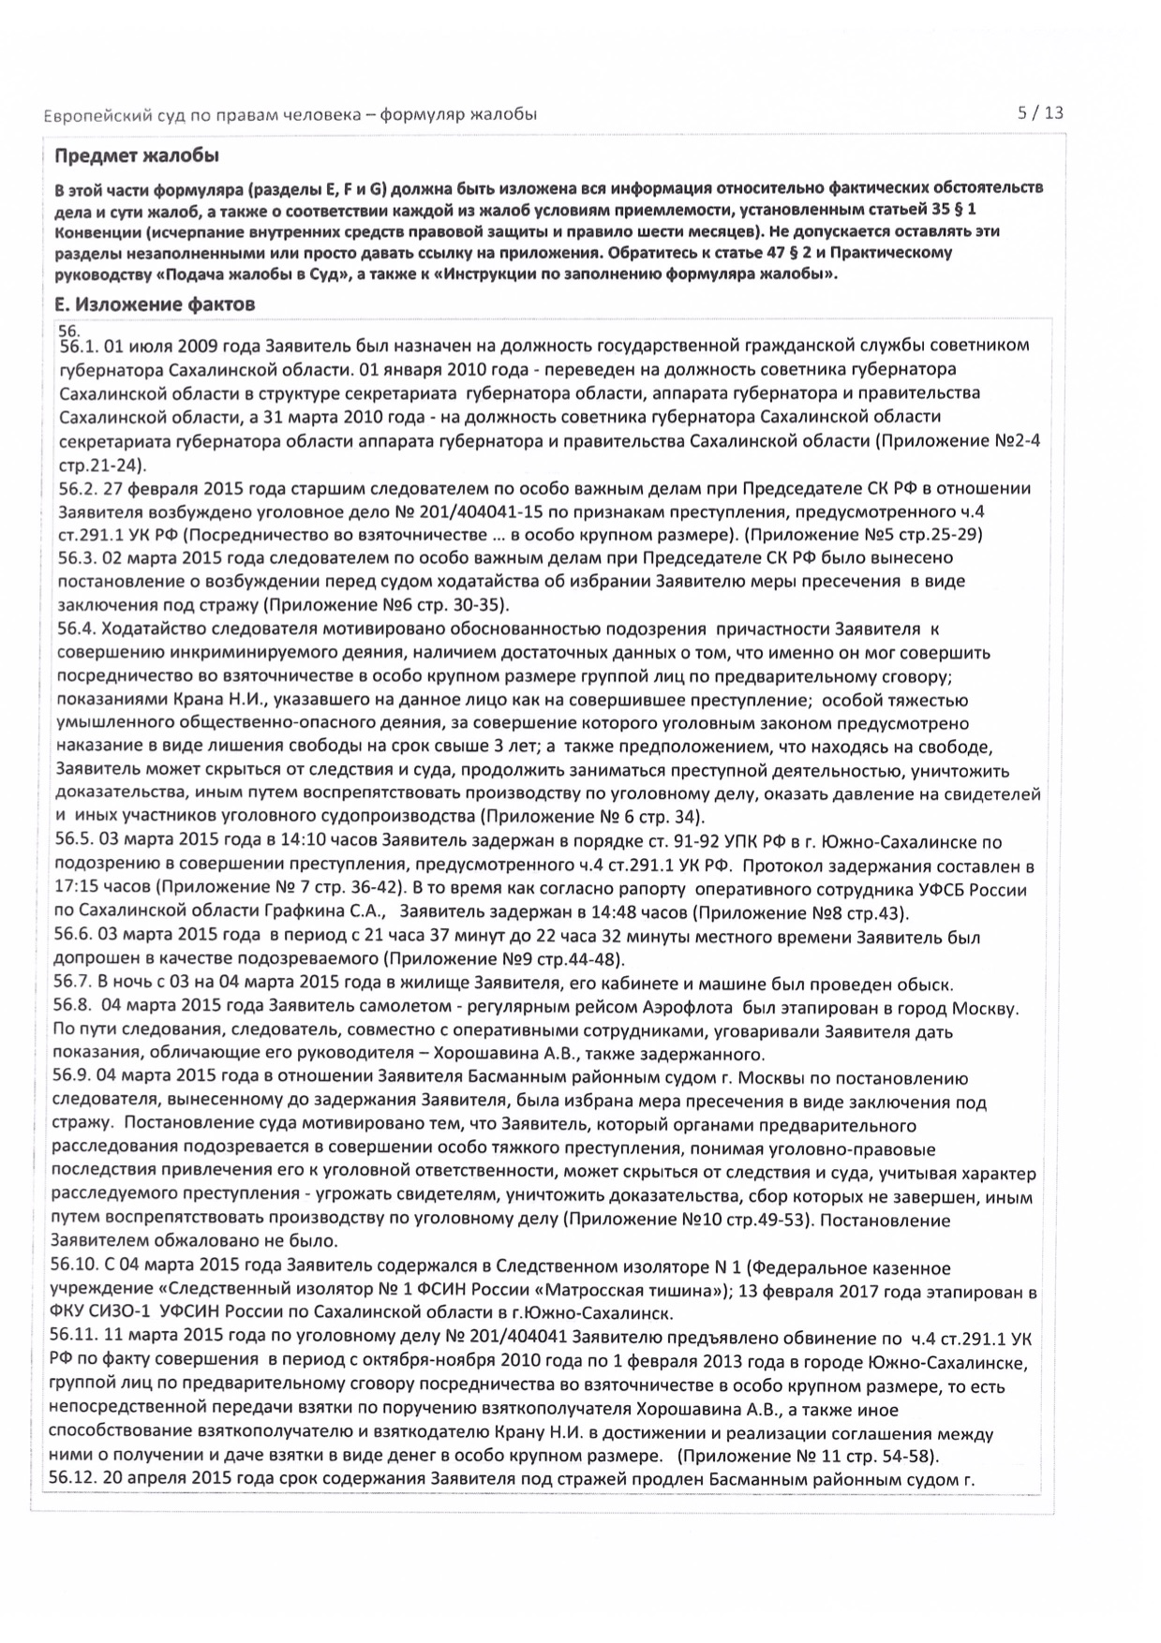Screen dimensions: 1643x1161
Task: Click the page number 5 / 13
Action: (x=1040, y=113)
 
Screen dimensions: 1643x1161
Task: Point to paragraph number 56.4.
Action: (x=76, y=629)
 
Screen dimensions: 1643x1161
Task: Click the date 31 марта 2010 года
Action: (x=380, y=417)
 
